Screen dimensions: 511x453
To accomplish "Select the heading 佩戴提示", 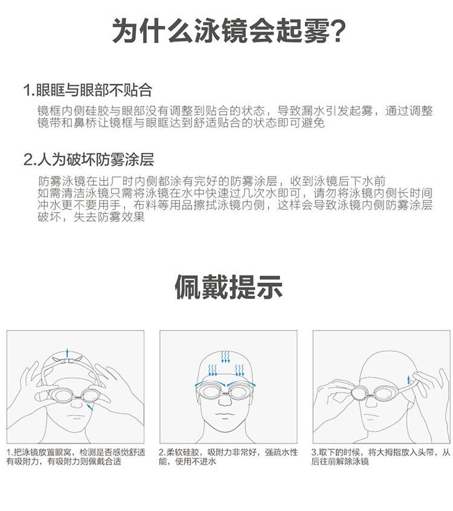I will (x=228, y=288).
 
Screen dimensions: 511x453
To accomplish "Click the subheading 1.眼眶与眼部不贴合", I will (x=88, y=91).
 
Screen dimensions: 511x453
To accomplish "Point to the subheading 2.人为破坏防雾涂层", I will (x=89, y=160).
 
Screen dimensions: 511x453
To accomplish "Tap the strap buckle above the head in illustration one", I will (x=68, y=361).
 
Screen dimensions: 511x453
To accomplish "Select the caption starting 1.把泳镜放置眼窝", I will (x=76, y=457).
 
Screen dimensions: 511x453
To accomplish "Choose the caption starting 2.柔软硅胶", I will (x=228, y=457).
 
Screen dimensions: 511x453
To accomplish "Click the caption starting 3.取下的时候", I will (x=381, y=457).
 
